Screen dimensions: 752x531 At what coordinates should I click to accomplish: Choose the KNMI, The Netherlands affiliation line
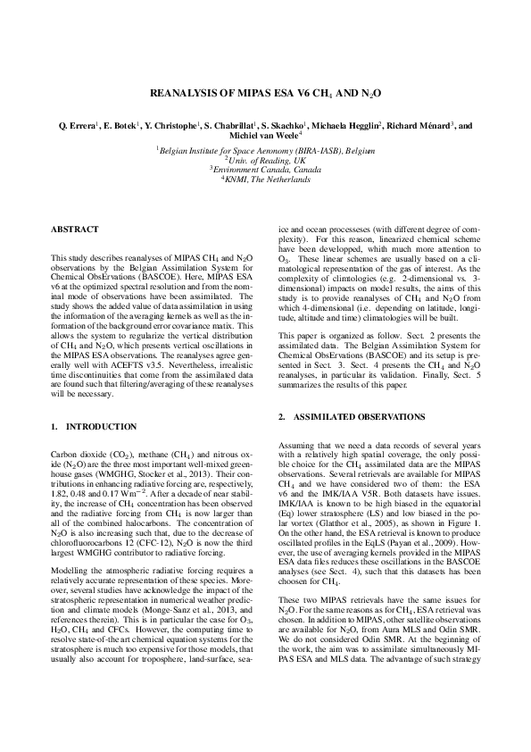click(x=266, y=180)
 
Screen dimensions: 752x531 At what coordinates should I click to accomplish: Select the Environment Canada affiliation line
click(x=266, y=170)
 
